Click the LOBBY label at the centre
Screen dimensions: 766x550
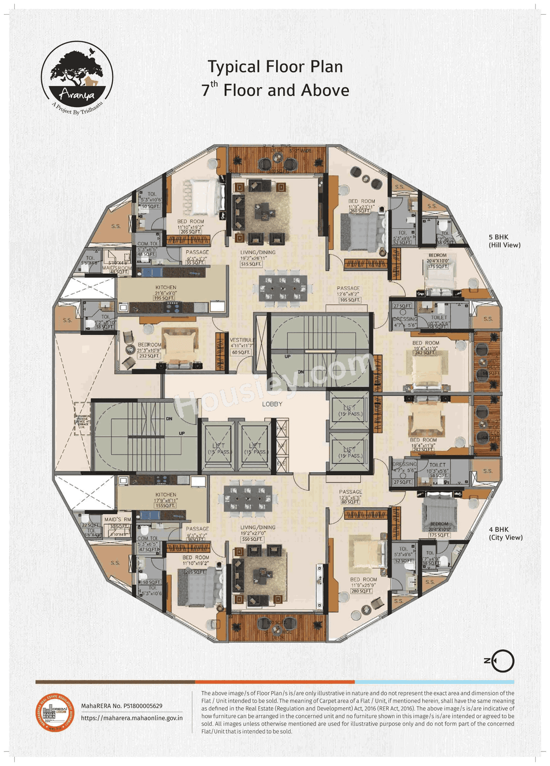(x=272, y=404)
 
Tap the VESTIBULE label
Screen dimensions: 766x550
(x=242, y=340)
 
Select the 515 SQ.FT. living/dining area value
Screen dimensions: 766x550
(x=251, y=264)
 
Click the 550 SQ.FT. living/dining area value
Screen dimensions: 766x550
(x=252, y=539)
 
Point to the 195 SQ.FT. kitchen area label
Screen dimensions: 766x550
(x=164, y=298)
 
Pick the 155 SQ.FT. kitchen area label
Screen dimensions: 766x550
(x=165, y=506)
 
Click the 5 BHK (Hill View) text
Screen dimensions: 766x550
(x=504, y=241)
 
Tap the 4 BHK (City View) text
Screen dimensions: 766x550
(x=505, y=533)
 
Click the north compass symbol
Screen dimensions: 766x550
(x=501, y=660)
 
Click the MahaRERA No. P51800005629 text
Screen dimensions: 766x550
(x=122, y=705)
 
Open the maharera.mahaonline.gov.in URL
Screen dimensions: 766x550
(x=131, y=717)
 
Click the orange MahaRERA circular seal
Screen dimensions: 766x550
(x=55, y=711)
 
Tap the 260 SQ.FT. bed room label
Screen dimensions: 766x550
(x=360, y=211)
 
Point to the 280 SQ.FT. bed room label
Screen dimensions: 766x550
(x=361, y=591)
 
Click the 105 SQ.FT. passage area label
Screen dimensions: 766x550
(x=350, y=300)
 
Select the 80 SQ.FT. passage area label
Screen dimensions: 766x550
(x=350, y=502)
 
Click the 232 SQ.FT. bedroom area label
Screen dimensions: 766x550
(x=149, y=356)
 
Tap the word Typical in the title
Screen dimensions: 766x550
(x=234, y=67)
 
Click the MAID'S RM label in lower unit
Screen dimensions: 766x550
(x=118, y=519)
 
